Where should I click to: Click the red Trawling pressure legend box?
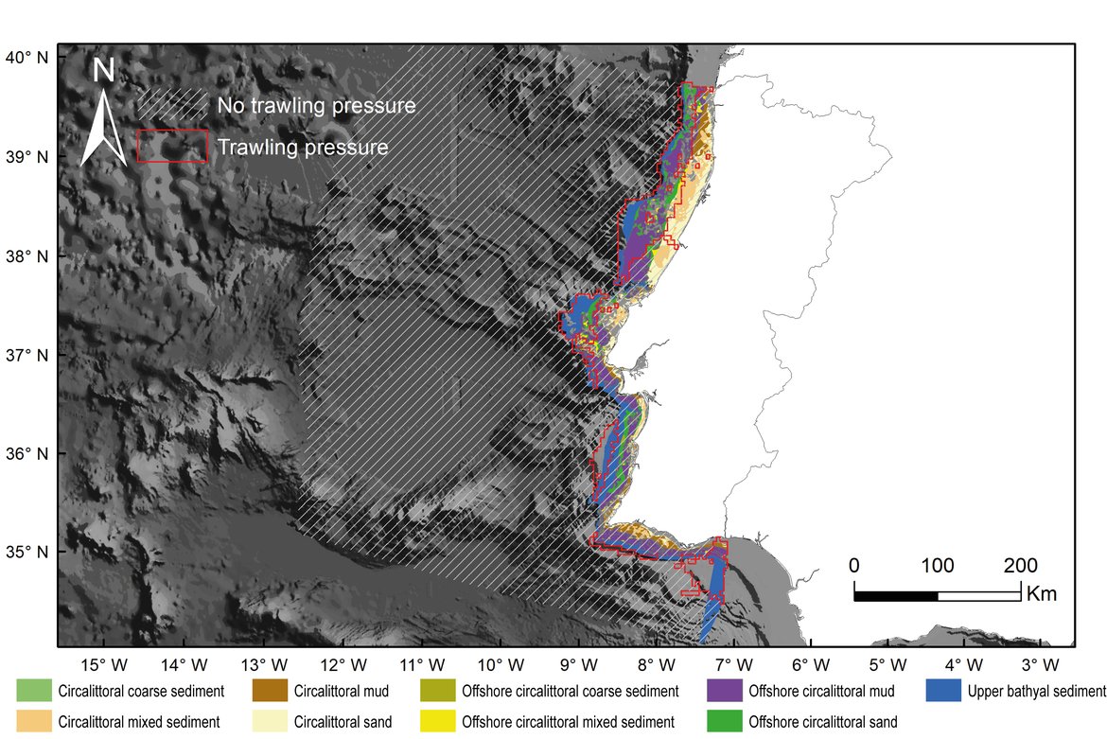(171, 147)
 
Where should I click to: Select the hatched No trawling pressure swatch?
(171, 103)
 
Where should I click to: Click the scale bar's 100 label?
(937, 567)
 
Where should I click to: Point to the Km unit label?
(1041, 595)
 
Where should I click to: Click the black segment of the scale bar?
(895, 595)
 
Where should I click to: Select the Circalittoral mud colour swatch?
(270, 691)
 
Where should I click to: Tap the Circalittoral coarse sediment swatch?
(34, 691)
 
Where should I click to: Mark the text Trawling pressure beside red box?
(303, 148)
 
